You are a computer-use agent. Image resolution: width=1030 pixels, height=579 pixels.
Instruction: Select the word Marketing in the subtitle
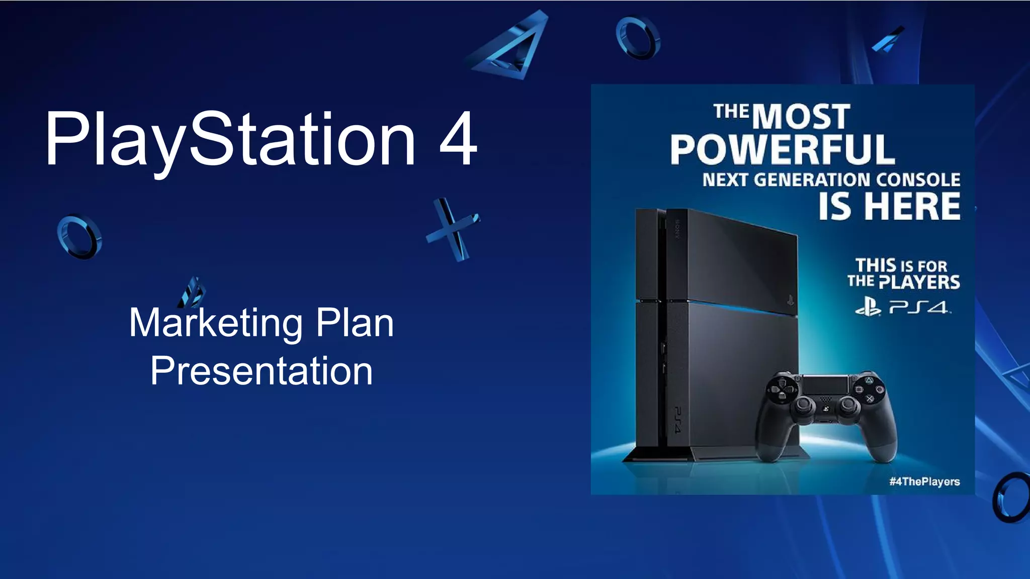tap(216, 323)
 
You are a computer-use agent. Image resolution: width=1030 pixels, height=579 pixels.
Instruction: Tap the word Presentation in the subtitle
tap(262, 371)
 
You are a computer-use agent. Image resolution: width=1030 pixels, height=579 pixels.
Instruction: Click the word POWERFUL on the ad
tap(782, 150)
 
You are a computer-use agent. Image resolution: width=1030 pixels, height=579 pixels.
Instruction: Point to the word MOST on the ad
tap(801, 117)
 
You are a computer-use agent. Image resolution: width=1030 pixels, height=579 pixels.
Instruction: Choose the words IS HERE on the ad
tap(889, 207)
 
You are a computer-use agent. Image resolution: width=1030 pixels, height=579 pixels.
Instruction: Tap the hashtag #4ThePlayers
tap(924, 481)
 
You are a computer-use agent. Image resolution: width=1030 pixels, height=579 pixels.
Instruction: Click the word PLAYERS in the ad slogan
tap(919, 282)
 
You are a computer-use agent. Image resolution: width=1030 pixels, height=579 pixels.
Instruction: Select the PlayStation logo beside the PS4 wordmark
tap(868, 306)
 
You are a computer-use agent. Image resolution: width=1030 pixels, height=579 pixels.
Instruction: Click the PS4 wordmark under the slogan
tap(919, 307)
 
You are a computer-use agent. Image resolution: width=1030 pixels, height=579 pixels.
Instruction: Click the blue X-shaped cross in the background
tap(452, 229)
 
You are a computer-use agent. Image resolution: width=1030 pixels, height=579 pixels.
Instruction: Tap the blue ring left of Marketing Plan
tap(79, 237)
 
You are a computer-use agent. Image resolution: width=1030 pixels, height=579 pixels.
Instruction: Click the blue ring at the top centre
tap(638, 38)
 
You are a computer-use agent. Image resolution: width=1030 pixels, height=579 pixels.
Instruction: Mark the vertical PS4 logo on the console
tap(677, 420)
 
